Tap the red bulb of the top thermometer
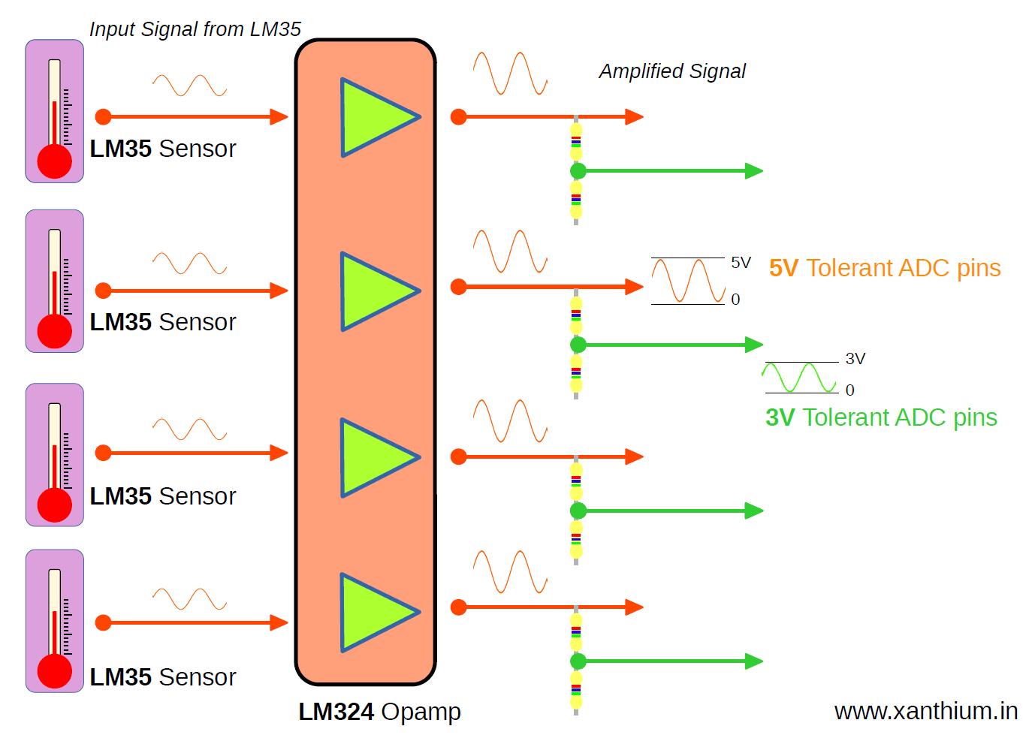pos(55,161)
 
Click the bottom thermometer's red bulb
pos(55,671)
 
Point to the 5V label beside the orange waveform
pos(741,262)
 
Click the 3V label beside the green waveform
pos(855,359)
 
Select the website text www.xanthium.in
pos(925,710)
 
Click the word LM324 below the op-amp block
pos(336,712)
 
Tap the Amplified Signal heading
pos(671,71)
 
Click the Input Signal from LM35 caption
pos(195,29)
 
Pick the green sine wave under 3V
pos(799,378)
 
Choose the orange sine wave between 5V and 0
pos(687,281)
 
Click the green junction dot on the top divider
pos(578,171)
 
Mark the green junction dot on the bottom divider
pos(578,661)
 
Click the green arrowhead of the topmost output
pos(753,171)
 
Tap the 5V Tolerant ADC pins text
pos(884,268)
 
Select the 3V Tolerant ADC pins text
pos(880,417)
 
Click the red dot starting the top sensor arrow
pos(104,116)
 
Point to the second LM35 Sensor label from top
pos(162,322)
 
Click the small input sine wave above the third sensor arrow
pos(189,429)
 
